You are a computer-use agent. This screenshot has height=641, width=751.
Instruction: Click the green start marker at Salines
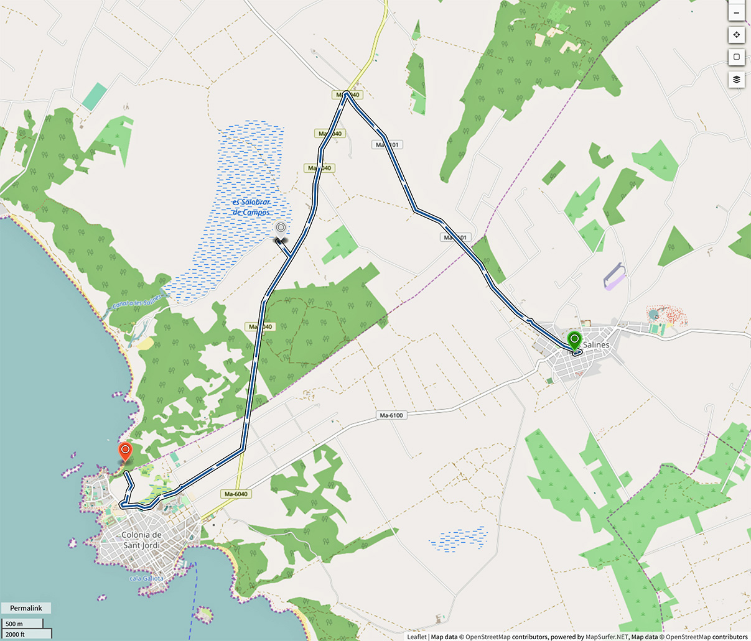coord(574,341)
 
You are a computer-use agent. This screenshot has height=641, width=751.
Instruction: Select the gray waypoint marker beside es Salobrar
coord(281,229)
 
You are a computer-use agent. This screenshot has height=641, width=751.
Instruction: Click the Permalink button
coord(26,607)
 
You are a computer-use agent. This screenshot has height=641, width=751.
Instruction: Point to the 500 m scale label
coord(14,624)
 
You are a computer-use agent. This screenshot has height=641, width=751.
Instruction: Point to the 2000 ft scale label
coord(15,634)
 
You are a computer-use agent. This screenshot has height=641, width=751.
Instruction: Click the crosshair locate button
coord(736,35)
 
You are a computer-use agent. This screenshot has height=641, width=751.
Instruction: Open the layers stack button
coord(736,79)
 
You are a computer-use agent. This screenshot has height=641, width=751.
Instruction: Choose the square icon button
coord(736,57)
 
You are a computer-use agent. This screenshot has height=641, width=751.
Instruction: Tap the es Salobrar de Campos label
coord(251,207)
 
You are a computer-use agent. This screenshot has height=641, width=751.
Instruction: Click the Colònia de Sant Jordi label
coord(141,540)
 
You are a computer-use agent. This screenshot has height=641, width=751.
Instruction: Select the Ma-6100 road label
coord(391,415)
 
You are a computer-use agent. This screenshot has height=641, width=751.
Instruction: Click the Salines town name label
coord(596,344)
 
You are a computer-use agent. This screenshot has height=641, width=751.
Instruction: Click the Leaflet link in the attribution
coord(416,637)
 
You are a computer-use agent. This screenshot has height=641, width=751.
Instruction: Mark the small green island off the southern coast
coord(203,615)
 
